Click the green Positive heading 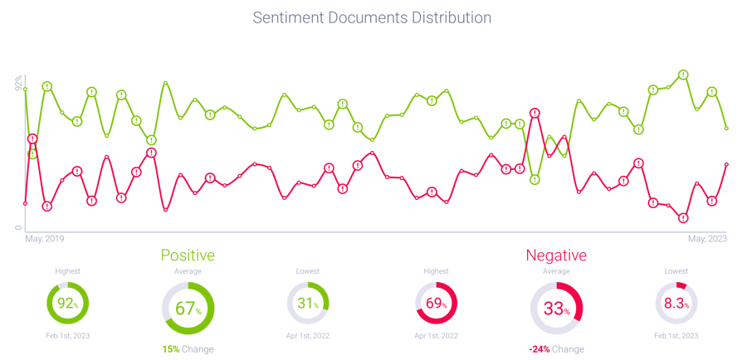tap(187, 255)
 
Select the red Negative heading tap(555, 255)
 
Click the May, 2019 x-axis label tap(45, 239)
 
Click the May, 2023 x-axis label tap(708, 239)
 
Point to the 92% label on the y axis tap(18, 83)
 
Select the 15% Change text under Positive tap(187, 349)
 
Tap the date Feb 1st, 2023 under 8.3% tap(676, 335)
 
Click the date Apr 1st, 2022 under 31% tap(308, 335)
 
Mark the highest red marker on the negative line tap(535, 113)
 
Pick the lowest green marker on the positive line tap(535, 179)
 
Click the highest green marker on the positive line tap(683, 74)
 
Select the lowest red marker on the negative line tap(683, 218)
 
